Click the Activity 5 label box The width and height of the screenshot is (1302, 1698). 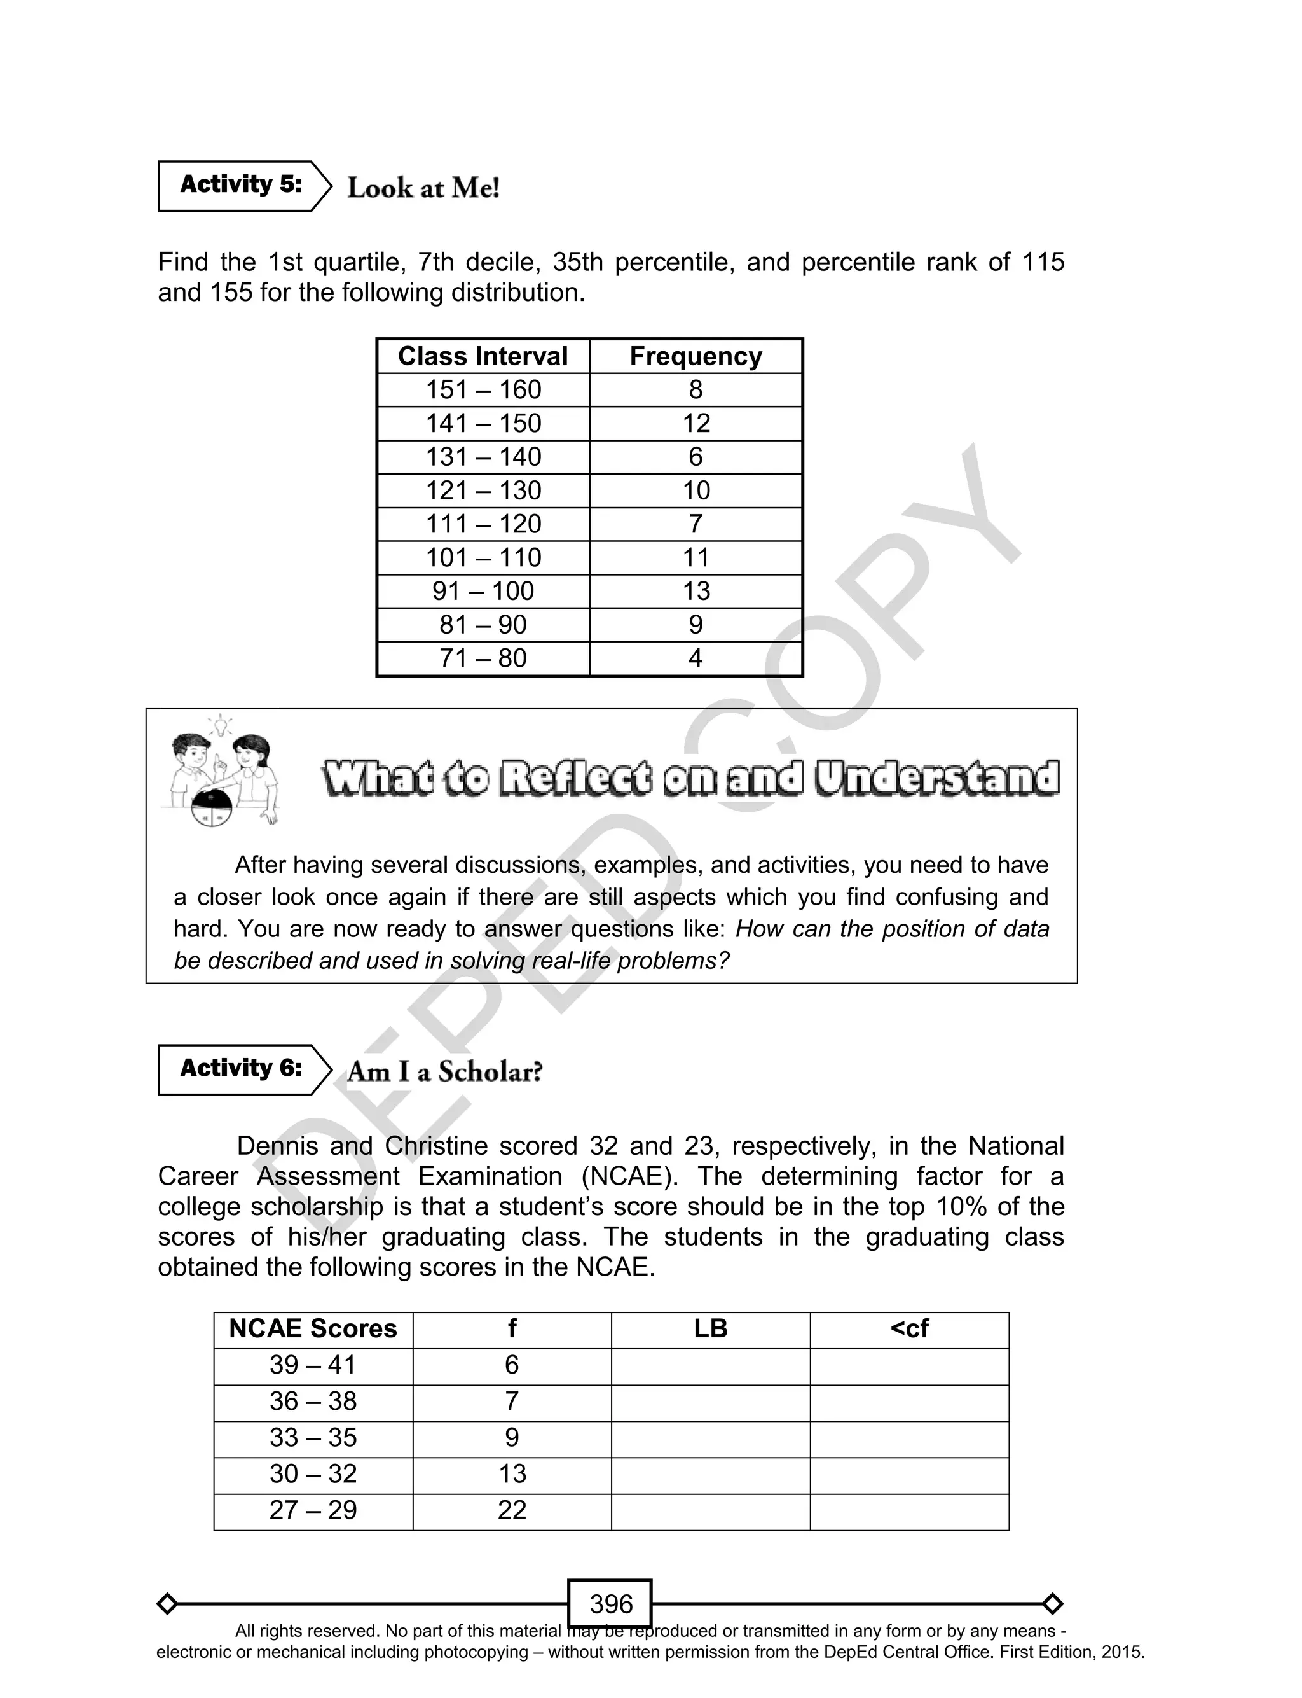(240, 185)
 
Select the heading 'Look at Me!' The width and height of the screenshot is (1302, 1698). (423, 188)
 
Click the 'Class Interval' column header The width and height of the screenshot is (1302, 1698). (483, 356)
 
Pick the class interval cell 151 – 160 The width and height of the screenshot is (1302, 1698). (483, 389)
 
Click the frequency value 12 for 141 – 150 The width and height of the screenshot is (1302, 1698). (696, 423)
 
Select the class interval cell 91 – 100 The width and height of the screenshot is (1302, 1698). (483, 591)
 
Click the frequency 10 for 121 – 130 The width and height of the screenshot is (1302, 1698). (696, 490)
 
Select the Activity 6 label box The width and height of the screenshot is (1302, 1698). (240, 1069)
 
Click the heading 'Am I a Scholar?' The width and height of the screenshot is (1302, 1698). (444, 1071)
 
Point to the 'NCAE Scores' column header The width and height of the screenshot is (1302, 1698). (313, 1329)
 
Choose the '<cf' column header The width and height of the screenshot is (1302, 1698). (909, 1329)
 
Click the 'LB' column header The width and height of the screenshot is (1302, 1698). (711, 1329)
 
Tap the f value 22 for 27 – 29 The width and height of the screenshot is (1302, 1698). (512, 1510)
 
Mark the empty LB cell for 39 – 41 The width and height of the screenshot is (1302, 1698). (711, 1365)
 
